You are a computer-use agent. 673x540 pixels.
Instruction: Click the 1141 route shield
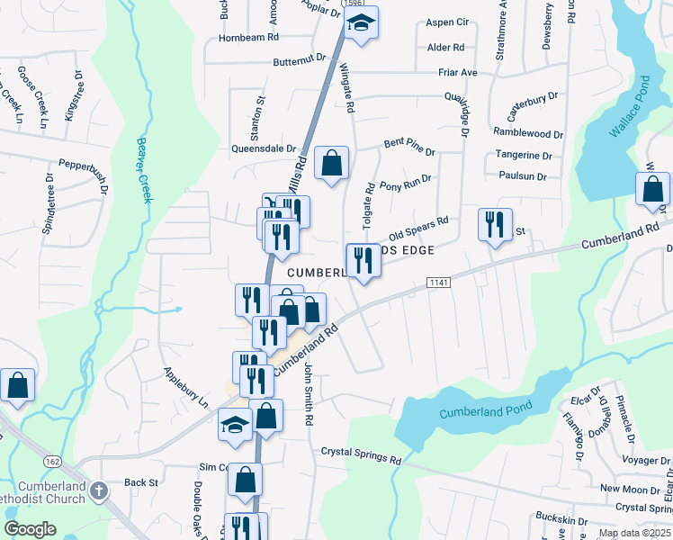[x=437, y=283]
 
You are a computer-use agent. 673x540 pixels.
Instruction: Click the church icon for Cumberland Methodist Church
[x=99, y=491]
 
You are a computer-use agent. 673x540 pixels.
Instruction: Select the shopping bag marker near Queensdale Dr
[x=332, y=165]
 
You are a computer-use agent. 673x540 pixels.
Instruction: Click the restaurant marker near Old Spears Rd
[x=494, y=225]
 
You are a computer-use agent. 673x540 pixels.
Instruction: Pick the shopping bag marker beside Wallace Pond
[x=652, y=190]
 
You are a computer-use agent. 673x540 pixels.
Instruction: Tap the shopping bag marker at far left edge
[x=17, y=385]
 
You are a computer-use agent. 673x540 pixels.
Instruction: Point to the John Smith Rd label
[x=308, y=392]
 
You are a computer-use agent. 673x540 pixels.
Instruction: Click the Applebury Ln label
[x=185, y=386]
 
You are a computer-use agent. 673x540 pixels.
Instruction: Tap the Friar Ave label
[x=482, y=72]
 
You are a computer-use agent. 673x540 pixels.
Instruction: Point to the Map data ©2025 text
[x=635, y=533]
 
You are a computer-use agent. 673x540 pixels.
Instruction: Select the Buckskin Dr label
[x=561, y=520]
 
